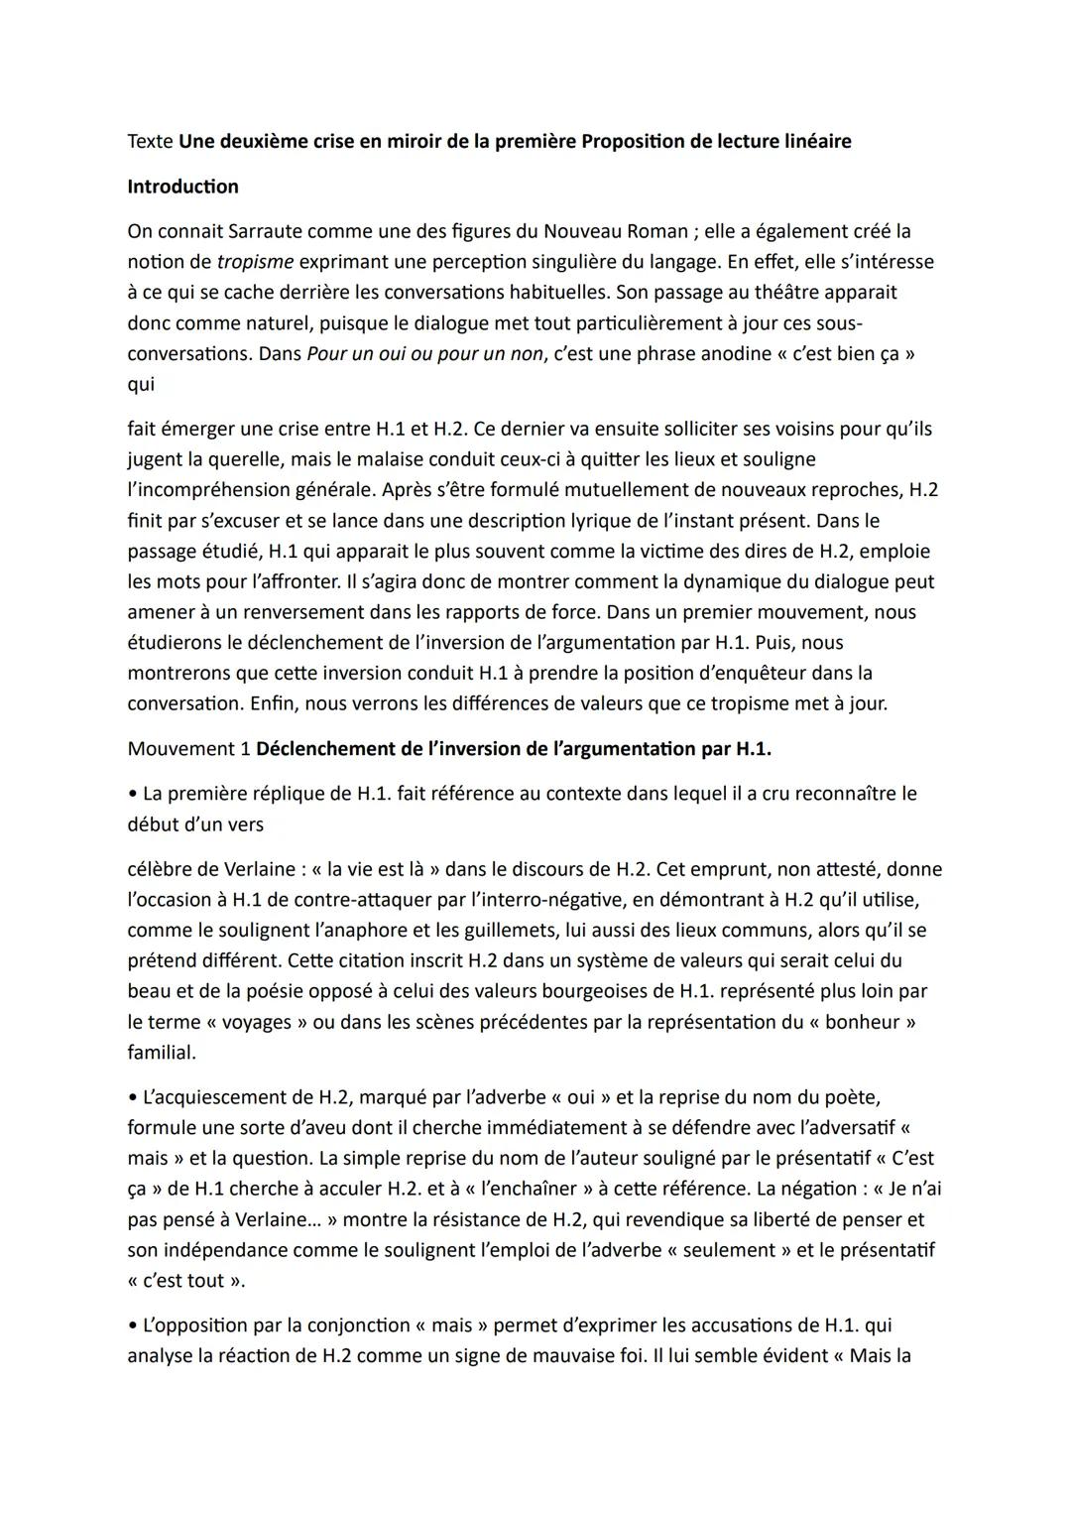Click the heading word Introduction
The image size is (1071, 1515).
pos(182,187)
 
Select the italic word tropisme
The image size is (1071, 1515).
pos(255,262)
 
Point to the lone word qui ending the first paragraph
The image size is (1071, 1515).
pos(141,384)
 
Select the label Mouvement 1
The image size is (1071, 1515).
pos(188,749)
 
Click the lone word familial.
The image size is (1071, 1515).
pos(162,1052)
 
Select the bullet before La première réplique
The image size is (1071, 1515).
pos(132,794)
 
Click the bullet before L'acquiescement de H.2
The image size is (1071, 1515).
pos(132,1097)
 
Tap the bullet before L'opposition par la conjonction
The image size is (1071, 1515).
pos(132,1326)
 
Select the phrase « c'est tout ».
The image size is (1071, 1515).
pos(185,1280)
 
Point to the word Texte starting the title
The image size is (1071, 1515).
pos(151,141)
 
